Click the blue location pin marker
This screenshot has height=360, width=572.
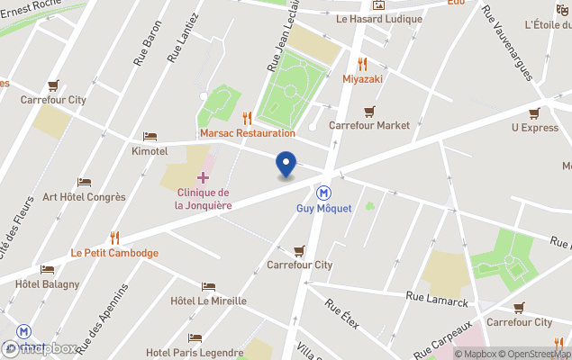(286, 165)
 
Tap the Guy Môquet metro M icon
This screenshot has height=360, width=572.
(322, 193)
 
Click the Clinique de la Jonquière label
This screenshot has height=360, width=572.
(203, 199)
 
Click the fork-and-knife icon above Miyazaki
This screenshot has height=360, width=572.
(363, 63)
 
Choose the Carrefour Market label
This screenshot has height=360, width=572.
(368, 126)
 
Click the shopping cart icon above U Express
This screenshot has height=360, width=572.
(534, 112)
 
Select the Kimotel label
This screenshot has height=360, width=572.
(150, 151)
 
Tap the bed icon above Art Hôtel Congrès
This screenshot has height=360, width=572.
(84, 182)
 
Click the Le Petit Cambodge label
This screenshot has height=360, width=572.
(114, 253)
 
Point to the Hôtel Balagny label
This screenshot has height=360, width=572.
(47, 284)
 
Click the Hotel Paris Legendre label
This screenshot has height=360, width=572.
(194, 352)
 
